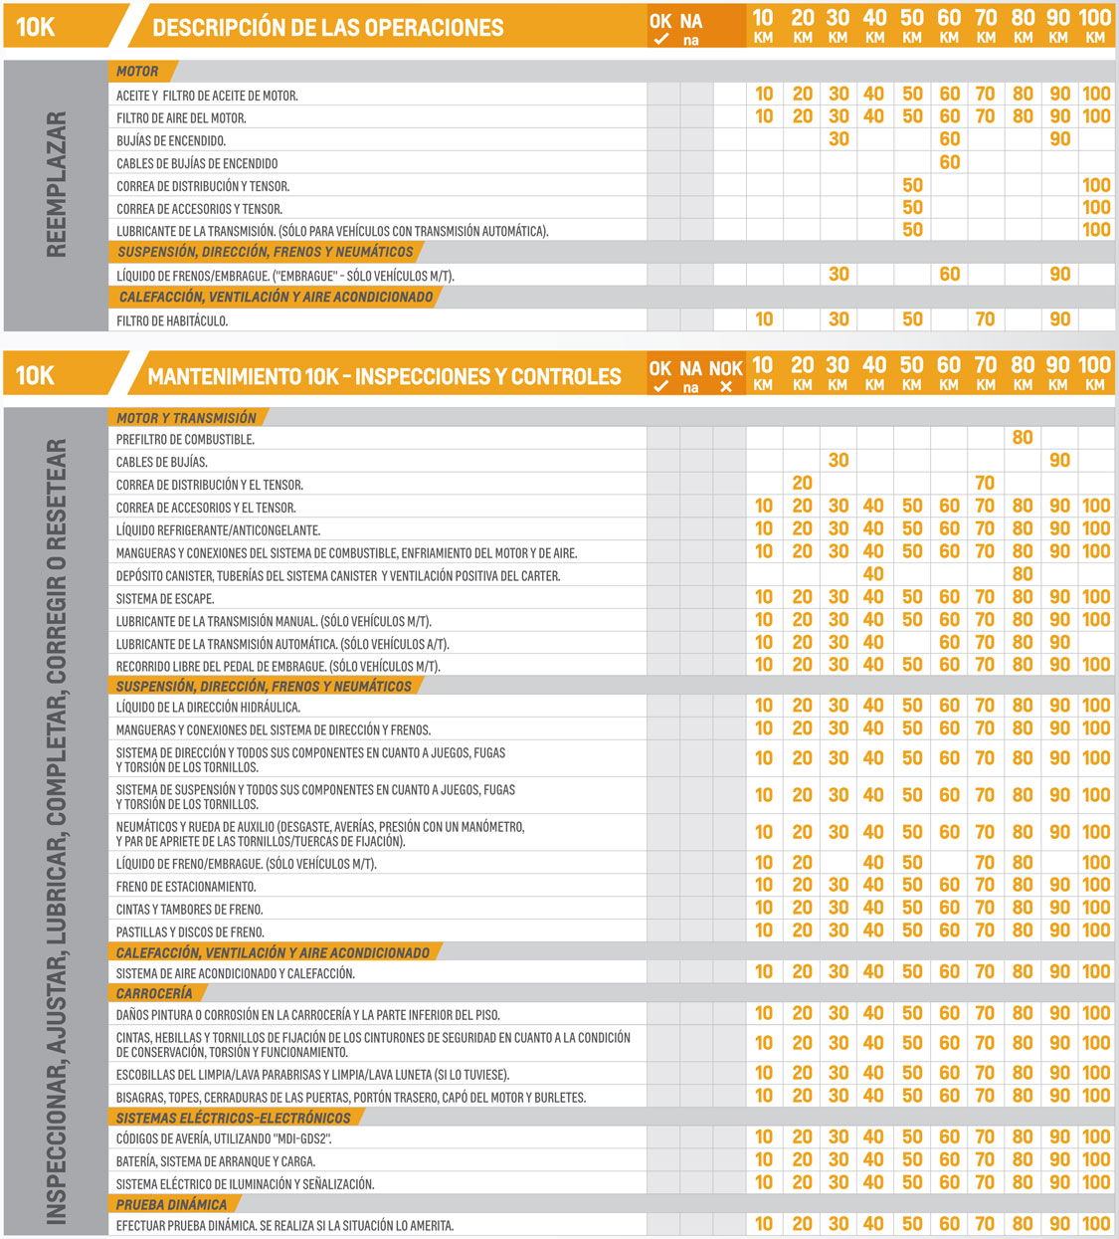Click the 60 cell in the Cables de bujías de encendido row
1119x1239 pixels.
(x=949, y=162)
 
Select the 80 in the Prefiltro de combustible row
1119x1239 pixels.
(x=1023, y=438)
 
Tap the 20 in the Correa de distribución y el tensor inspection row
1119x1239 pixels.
(x=802, y=484)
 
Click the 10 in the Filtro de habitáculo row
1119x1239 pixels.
(x=764, y=319)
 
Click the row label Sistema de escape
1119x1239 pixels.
(x=165, y=599)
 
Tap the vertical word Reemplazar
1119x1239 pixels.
(x=57, y=184)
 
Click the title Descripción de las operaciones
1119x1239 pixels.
(x=327, y=28)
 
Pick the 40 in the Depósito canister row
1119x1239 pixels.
(x=873, y=574)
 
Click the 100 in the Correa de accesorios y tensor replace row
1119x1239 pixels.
(x=1096, y=208)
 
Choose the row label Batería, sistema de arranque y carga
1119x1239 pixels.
(x=216, y=1161)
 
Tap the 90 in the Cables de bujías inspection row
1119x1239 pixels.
(x=1059, y=461)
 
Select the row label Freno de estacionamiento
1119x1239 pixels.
(x=186, y=887)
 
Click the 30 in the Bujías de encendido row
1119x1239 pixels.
(x=839, y=139)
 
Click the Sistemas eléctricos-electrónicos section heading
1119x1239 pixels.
(x=234, y=1119)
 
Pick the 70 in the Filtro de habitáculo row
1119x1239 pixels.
(x=985, y=319)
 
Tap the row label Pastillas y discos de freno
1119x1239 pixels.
(x=190, y=932)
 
